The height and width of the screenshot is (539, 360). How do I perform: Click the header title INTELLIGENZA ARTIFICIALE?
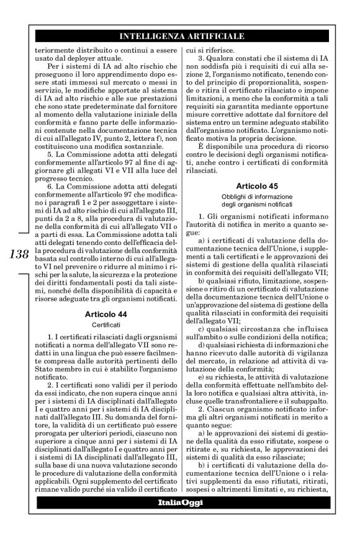pyautogui.click(x=181, y=37)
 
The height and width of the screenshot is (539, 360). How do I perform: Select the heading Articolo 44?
pyautogui.click(x=106, y=314)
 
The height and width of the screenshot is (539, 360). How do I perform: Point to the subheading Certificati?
pyautogui.click(x=106, y=324)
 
